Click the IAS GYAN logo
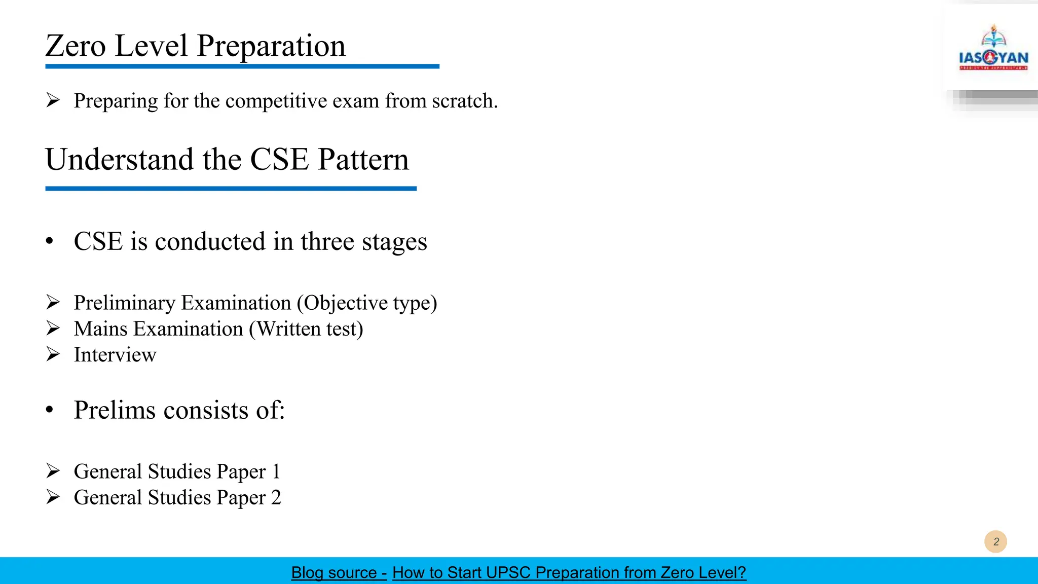(x=993, y=49)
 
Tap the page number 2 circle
(x=995, y=541)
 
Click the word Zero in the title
(x=75, y=46)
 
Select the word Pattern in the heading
(x=363, y=160)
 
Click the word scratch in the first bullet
(x=463, y=101)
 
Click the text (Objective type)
(x=367, y=303)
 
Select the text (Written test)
(x=306, y=329)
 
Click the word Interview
(x=115, y=355)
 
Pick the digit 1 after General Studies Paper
(x=276, y=471)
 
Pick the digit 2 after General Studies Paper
(x=276, y=497)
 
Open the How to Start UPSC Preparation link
(x=569, y=572)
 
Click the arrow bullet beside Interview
(x=53, y=354)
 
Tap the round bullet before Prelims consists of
(x=49, y=410)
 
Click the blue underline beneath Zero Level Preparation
(x=242, y=66)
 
